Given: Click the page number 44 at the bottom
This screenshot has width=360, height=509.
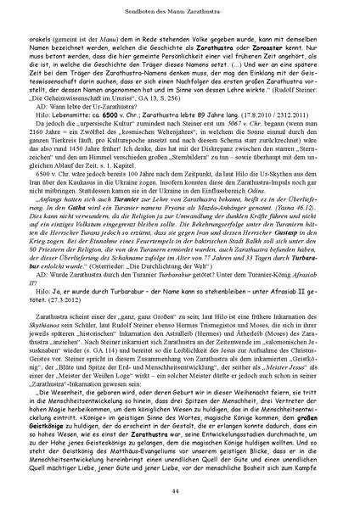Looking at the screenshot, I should pos(180,492).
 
